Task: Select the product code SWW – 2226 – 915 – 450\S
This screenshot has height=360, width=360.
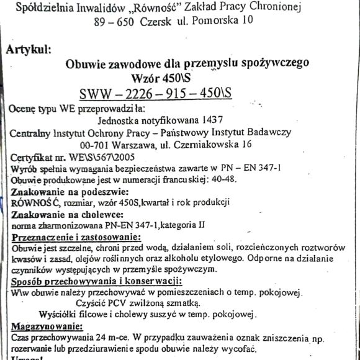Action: pyautogui.click(x=155, y=93)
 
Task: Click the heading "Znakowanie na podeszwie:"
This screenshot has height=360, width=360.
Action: pyautogui.click(x=70, y=191)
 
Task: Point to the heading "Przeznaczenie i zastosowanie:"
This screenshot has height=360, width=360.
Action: pyautogui.click(x=76, y=236)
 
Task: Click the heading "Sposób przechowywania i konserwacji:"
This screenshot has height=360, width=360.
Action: pyautogui.click(x=86, y=282)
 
